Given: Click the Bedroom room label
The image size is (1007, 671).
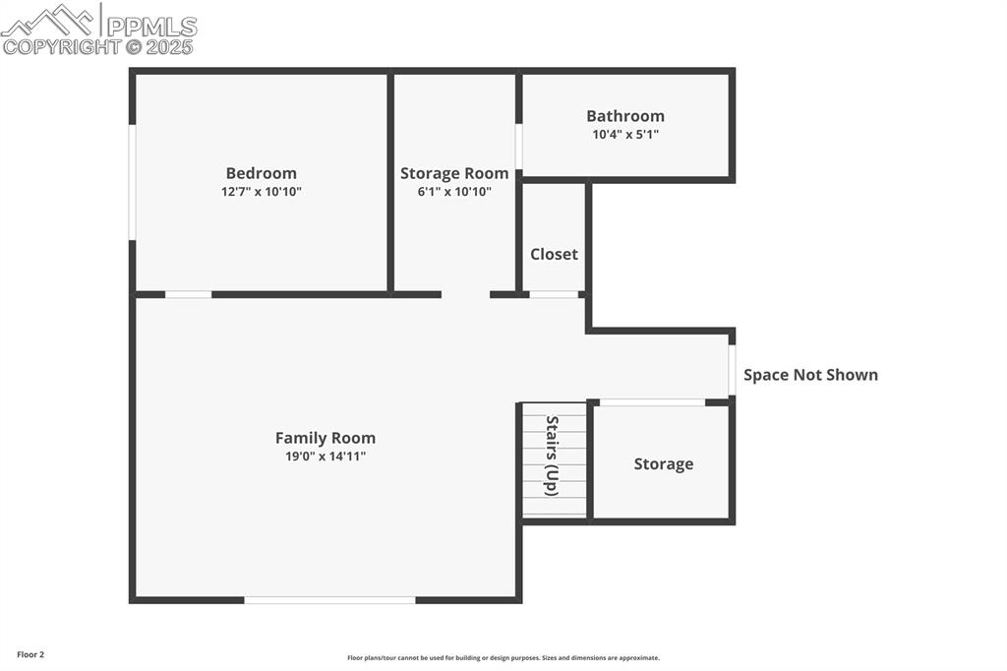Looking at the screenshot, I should (261, 173).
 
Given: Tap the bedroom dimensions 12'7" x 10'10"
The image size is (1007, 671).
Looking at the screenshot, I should (261, 192).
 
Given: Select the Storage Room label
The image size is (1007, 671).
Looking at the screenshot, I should (454, 173).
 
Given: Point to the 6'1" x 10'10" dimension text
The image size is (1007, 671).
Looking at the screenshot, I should (454, 192).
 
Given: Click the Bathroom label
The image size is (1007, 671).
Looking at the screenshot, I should (625, 116).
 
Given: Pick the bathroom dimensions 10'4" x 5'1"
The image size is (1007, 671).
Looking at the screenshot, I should (625, 135).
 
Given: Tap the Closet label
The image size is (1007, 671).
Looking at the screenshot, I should (554, 254).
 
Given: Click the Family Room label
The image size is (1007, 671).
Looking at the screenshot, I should (325, 438).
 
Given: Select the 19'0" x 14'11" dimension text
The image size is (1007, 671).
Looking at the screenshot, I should (325, 457).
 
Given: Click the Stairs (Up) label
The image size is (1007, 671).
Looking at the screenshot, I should (553, 456).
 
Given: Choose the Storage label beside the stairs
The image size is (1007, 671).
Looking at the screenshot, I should (663, 464).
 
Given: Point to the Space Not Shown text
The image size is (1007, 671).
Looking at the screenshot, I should (810, 375).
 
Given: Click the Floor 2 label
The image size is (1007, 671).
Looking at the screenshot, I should (30, 654).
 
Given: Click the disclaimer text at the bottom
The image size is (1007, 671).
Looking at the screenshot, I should (503, 658).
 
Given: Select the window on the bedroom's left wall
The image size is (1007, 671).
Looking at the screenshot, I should (132, 182).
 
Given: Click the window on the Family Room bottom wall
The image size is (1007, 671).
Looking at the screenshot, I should (329, 599).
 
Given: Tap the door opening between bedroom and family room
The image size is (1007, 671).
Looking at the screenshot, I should (188, 294).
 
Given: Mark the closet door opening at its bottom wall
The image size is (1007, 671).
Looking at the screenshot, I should (554, 294).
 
